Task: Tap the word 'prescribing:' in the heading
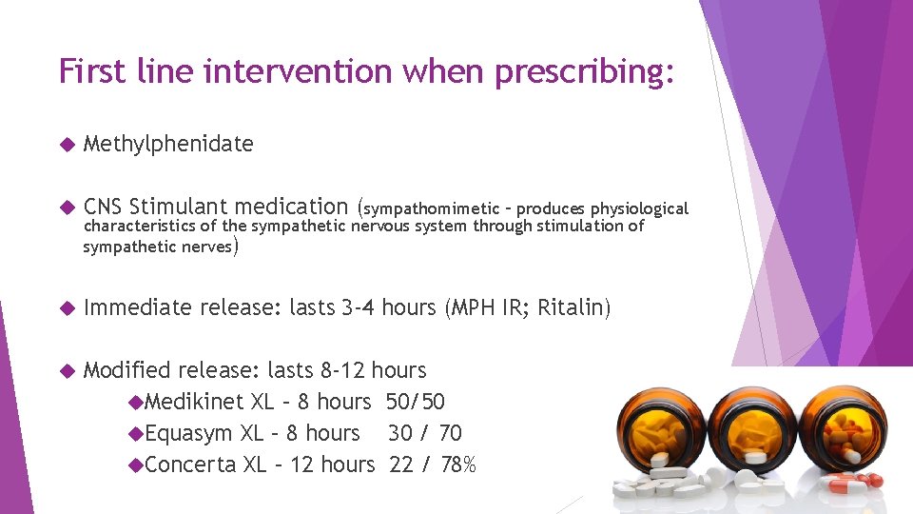(x=580, y=71)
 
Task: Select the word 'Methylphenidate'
(x=168, y=144)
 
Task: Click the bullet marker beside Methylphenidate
(x=66, y=145)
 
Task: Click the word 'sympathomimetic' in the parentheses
(x=426, y=208)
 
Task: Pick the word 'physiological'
(x=639, y=208)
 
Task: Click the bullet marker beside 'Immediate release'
(x=66, y=308)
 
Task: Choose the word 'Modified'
(x=127, y=369)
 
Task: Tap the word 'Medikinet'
(x=195, y=402)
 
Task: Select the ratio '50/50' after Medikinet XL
(x=416, y=402)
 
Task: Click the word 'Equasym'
(x=189, y=433)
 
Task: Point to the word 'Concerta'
(x=192, y=465)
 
